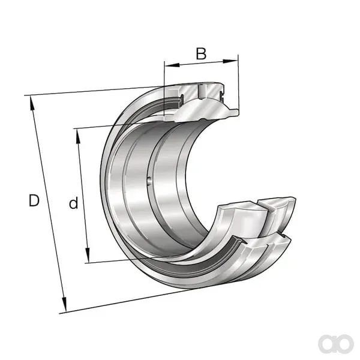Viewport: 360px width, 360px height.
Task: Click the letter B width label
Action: (x=201, y=53)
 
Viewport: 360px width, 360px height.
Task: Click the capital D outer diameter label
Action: (x=34, y=200)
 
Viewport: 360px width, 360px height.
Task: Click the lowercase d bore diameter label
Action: (x=73, y=203)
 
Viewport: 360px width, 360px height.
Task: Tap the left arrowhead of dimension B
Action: (x=172, y=65)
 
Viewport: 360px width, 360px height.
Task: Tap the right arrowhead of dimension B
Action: (x=230, y=61)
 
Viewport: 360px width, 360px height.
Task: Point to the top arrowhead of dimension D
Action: (x=32, y=104)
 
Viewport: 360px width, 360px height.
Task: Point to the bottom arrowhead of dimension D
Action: (x=64, y=304)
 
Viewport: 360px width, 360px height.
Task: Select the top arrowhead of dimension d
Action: (x=78, y=136)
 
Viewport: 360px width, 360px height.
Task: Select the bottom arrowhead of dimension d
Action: (x=88, y=255)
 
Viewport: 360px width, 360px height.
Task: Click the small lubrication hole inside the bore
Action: (x=149, y=180)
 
